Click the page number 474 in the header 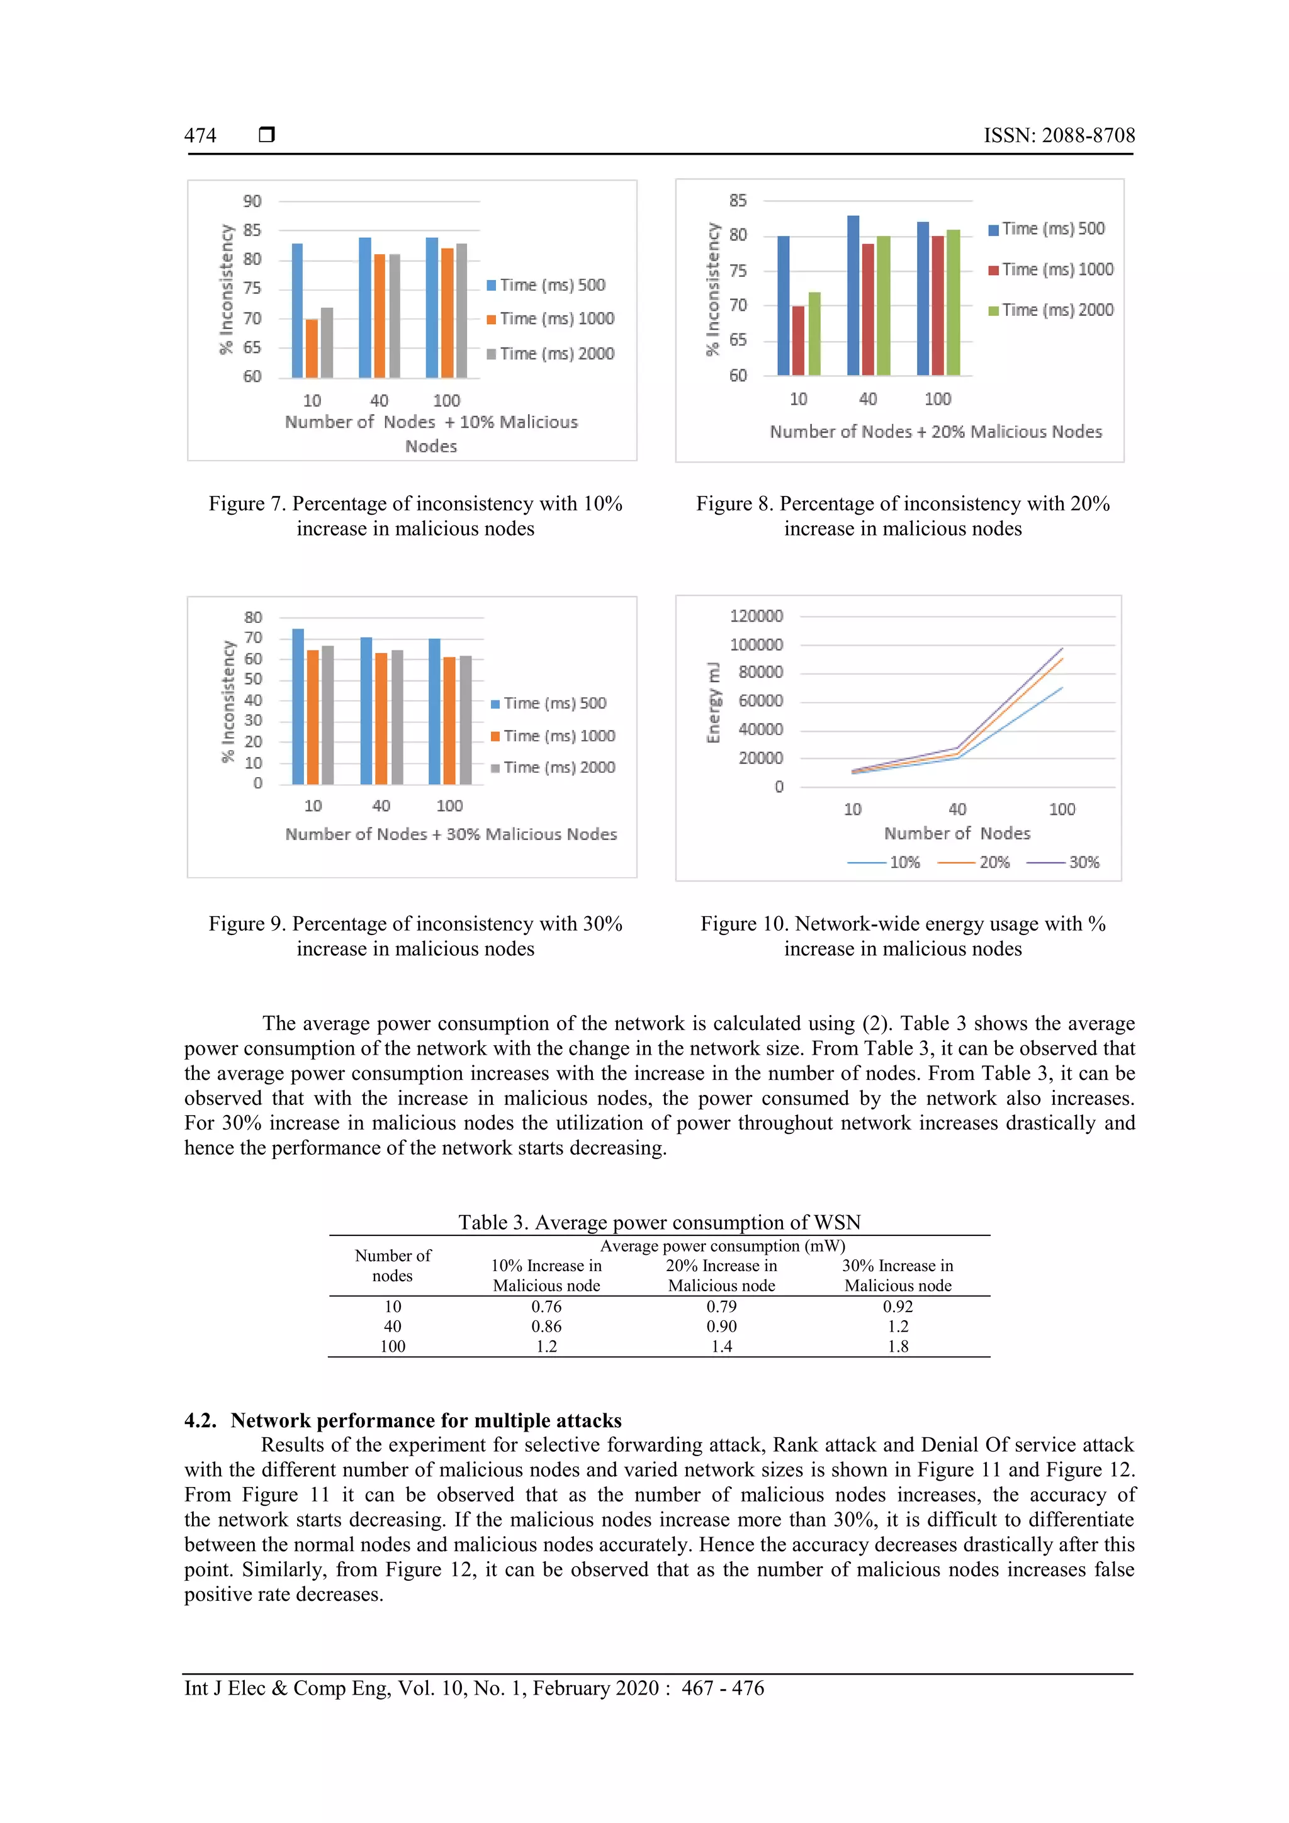(x=200, y=136)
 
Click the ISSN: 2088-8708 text (x=1059, y=136)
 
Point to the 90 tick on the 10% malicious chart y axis (x=252, y=201)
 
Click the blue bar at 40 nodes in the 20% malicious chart (x=853, y=295)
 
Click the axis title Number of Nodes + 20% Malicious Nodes (x=935, y=432)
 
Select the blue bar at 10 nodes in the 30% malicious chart (x=298, y=706)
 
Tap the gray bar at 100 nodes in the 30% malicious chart (x=465, y=719)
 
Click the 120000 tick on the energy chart (x=756, y=616)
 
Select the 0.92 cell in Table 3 (x=898, y=1307)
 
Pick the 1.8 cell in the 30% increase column (x=898, y=1347)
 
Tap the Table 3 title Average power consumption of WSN (x=658, y=1223)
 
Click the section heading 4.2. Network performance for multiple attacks (x=403, y=1420)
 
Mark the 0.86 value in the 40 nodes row (x=546, y=1327)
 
